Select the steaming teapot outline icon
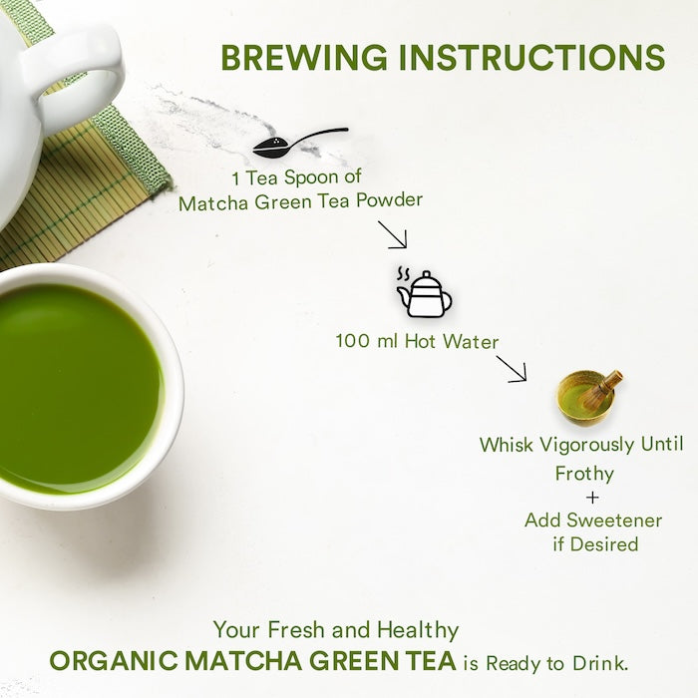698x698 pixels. pos(424,291)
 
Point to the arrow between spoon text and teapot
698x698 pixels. pos(392,235)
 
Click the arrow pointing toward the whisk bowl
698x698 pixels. pos(511,369)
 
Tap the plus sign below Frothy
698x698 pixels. pos(595,497)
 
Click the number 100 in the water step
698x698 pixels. pos(353,343)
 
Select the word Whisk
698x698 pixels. pos(506,445)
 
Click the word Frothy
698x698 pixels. pos(584,473)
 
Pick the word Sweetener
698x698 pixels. pos(609,520)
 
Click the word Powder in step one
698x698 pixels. pos(390,201)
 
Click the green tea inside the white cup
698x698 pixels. pos(70,384)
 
